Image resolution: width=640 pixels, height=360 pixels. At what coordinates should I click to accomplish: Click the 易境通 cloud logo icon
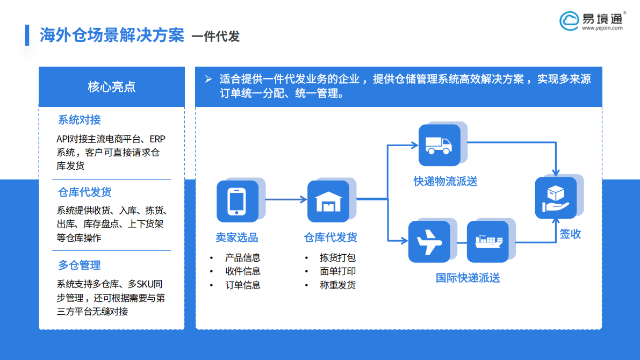tap(570, 20)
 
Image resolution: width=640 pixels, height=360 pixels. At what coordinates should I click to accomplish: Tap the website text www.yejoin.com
tap(602, 28)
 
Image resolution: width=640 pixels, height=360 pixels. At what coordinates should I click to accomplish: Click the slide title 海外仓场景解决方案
tap(112, 35)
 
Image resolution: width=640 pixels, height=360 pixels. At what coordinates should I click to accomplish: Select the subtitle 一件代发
tap(215, 37)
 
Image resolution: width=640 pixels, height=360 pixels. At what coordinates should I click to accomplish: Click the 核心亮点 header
tap(111, 87)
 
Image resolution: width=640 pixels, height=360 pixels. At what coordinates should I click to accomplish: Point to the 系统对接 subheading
tap(80, 120)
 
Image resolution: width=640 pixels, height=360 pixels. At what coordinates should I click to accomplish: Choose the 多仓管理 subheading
tap(80, 265)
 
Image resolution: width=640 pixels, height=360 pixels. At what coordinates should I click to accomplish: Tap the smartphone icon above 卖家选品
tap(237, 201)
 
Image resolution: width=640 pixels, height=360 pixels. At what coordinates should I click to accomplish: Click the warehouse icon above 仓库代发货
tap(328, 201)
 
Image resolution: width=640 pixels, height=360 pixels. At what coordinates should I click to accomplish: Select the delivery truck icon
tap(439, 145)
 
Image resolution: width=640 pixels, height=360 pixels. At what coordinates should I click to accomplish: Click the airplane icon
tap(429, 241)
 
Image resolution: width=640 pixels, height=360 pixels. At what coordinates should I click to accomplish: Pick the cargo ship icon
tap(488, 241)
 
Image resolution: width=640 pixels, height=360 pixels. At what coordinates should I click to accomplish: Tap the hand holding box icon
tap(556, 198)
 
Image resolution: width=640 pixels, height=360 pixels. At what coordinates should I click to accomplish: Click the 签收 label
tap(570, 234)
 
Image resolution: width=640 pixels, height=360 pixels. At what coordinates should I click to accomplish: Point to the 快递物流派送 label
tap(445, 182)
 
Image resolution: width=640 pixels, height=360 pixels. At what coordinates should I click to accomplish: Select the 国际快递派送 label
tap(468, 278)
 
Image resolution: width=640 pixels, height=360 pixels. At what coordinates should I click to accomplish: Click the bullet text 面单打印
tap(337, 271)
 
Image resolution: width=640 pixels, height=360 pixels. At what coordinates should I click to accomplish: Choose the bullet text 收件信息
tap(243, 271)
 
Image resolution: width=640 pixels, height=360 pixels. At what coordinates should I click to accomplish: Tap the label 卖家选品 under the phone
tap(237, 237)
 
